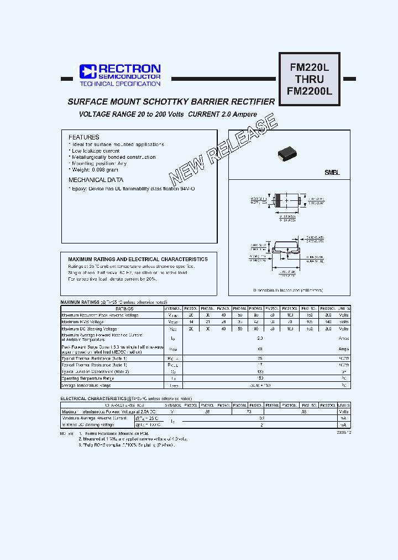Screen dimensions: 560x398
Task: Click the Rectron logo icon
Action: coord(88,71)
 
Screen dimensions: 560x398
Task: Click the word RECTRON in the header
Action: coord(129,69)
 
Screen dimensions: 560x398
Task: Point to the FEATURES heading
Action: coord(83,137)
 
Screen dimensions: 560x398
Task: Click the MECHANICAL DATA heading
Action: coord(96,180)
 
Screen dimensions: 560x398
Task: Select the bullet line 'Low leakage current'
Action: coord(94,151)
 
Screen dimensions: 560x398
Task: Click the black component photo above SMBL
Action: coord(289,155)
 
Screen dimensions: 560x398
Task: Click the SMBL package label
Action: coord(332,173)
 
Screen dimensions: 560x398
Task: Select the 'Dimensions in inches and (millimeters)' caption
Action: coord(288,290)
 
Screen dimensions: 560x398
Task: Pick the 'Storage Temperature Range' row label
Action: coord(88,385)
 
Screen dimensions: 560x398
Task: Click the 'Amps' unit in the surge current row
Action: coord(343,349)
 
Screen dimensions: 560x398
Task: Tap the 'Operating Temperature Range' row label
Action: coord(90,378)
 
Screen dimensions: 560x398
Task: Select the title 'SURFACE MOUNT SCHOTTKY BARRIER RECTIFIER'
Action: coord(171,102)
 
